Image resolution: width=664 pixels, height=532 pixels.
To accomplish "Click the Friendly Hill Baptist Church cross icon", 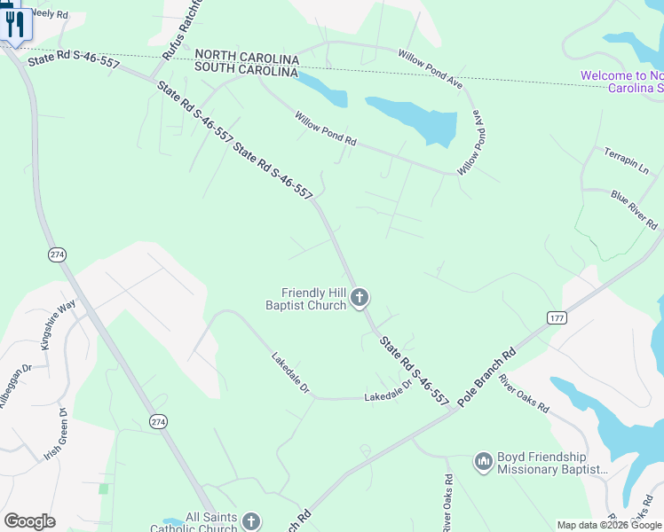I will point(360,297).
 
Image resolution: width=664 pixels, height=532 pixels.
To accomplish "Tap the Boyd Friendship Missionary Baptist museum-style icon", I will point(484,462).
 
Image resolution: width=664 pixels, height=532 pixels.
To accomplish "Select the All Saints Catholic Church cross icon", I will point(250,521).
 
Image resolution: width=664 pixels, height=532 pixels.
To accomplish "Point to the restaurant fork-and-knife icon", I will point(14,24).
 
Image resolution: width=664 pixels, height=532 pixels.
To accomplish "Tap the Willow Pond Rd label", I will point(326,129).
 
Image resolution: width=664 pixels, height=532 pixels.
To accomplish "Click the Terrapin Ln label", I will point(627,161).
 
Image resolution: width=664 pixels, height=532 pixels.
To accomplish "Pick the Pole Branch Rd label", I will point(486,377).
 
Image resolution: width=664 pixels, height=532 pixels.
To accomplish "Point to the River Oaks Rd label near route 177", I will point(524,396).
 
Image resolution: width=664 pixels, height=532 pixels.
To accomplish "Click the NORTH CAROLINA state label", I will point(246,55).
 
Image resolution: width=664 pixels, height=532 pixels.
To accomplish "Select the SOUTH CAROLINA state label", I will point(246,67).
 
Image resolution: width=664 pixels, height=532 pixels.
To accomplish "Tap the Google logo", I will point(29,521).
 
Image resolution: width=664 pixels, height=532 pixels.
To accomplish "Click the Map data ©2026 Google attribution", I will point(609,525).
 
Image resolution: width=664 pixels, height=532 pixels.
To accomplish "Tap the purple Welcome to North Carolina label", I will point(622,82).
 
